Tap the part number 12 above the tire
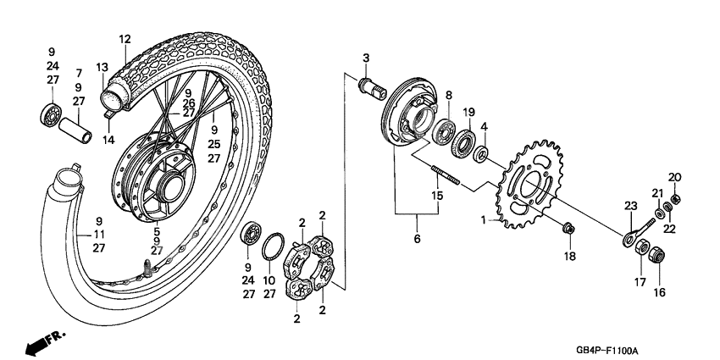(125, 39)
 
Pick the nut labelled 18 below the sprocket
(569, 227)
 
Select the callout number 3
(367, 58)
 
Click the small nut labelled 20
(675, 200)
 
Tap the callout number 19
(468, 113)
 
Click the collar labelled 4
(481, 154)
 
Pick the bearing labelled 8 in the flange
(443, 130)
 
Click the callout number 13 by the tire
(102, 68)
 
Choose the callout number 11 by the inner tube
(99, 234)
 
